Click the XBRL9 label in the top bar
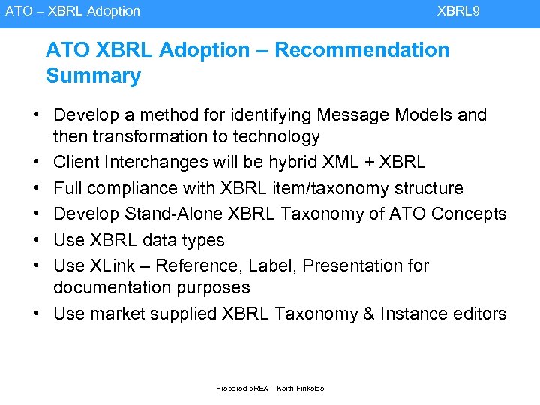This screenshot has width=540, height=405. [458, 11]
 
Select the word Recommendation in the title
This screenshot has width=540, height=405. [362, 50]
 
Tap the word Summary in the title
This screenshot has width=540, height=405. [93, 76]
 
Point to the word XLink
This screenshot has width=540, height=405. [111, 265]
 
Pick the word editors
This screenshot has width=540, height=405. [480, 313]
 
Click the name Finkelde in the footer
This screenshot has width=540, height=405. [309, 388]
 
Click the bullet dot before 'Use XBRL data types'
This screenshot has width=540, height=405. [36, 240]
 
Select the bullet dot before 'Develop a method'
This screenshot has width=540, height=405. [36, 115]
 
